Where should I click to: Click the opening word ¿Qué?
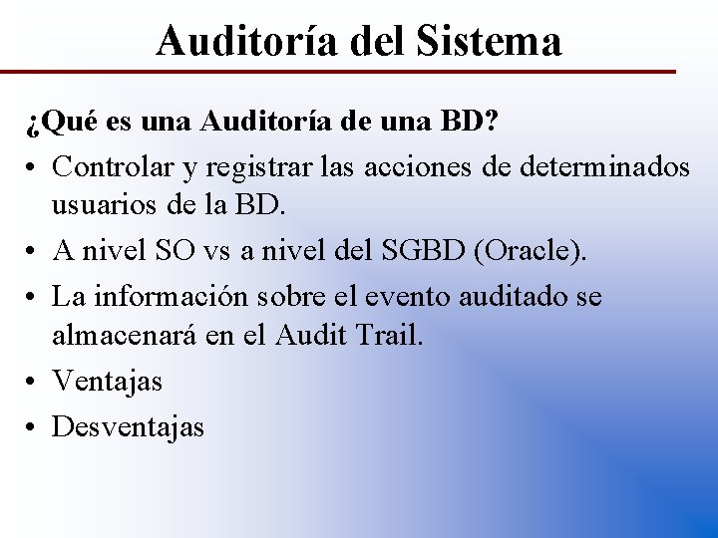59,125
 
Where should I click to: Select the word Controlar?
112,166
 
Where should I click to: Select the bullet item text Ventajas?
107,381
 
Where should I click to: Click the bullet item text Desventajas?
128,426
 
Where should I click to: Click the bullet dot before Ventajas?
35,382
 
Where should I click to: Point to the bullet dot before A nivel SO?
35,252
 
